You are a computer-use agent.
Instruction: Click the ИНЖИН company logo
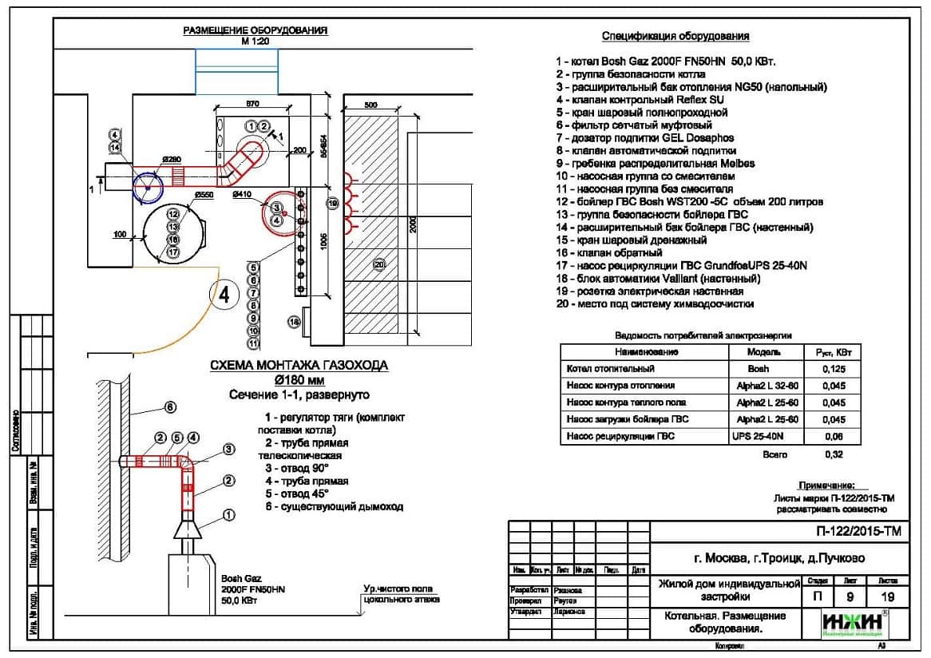[854, 623]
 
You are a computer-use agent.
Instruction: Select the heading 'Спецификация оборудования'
[675, 36]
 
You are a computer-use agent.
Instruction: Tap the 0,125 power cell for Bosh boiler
[834, 369]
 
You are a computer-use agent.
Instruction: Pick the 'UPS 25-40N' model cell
[758, 436]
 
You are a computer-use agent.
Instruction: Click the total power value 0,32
[834, 454]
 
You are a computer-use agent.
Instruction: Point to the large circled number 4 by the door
[224, 294]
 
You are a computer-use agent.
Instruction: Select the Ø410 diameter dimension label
[242, 194]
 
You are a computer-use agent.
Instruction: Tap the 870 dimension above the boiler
[253, 104]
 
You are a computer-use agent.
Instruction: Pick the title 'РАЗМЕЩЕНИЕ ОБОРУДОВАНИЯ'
[256, 30]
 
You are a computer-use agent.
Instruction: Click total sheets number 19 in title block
[887, 597]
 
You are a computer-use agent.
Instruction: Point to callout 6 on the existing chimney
[170, 407]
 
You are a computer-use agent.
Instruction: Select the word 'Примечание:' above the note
[826, 486]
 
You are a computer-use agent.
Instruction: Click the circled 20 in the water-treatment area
[379, 264]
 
